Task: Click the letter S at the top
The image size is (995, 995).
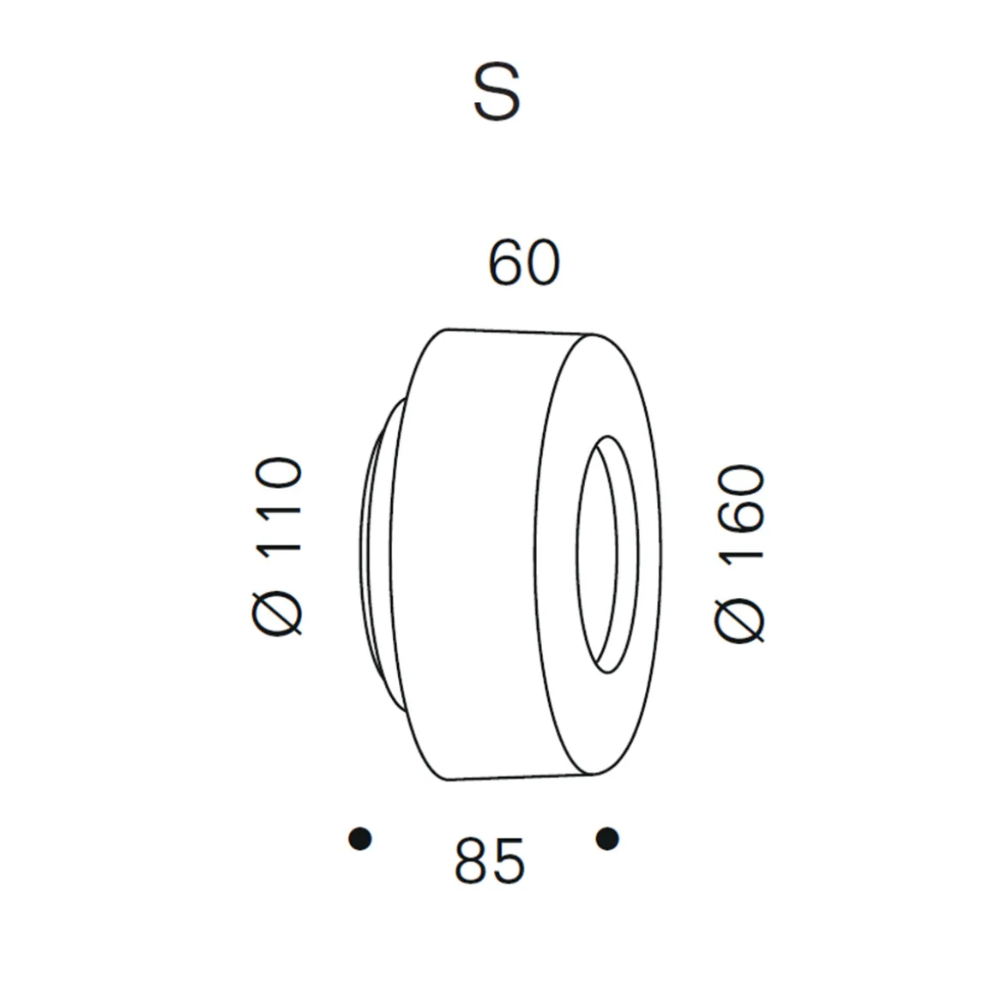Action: click(x=497, y=93)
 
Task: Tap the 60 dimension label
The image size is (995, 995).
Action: click(x=524, y=262)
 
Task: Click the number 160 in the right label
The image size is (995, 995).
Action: click(x=739, y=513)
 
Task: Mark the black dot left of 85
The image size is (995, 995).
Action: click(x=360, y=838)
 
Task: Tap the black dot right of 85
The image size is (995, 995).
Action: click(x=607, y=838)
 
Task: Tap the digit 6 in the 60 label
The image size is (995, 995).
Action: click(x=505, y=262)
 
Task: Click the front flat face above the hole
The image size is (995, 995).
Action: click(x=600, y=386)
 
